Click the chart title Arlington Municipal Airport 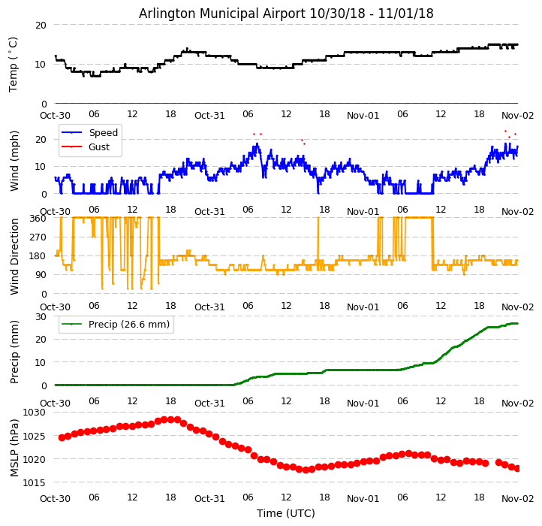286,14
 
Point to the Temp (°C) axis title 14,64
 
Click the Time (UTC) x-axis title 286,513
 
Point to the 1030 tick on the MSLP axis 35,413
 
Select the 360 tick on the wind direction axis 38,218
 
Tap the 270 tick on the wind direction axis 38,237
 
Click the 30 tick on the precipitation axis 41,316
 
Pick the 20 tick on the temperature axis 41,25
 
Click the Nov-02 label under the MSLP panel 517,498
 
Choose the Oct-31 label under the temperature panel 209,115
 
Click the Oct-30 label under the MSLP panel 55,498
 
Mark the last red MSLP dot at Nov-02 517,468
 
